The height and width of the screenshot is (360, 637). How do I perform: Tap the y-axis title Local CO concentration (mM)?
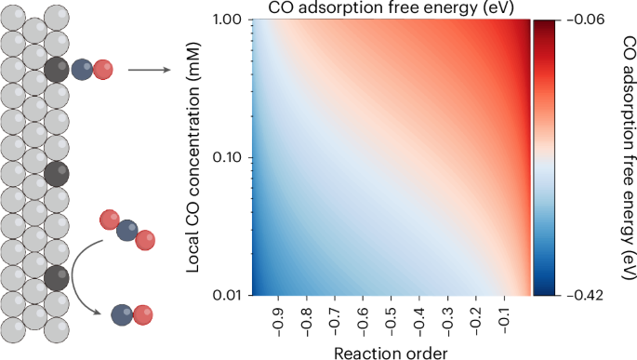pyautogui.click(x=194, y=158)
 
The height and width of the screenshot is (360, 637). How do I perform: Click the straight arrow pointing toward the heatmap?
pyautogui.click(x=148, y=70)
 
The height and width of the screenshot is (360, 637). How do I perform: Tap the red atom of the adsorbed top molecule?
pyautogui.click(x=104, y=70)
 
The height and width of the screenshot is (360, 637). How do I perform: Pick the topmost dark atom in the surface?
pyautogui.click(x=56, y=70)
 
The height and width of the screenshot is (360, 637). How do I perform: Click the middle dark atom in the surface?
pyautogui.click(x=56, y=173)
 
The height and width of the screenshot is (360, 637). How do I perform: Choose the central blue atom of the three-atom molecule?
pyautogui.click(x=126, y=230)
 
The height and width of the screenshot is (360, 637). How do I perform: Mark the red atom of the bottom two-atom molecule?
pyautogui.click(x=142, y=315)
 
